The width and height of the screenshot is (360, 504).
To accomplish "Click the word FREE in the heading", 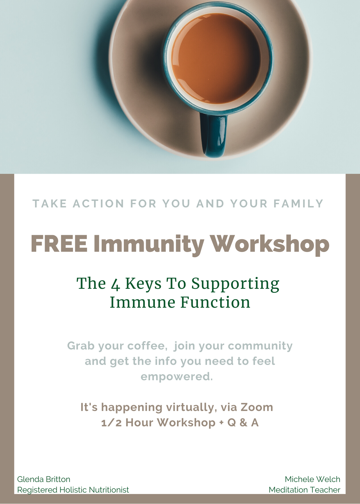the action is coord(59,244).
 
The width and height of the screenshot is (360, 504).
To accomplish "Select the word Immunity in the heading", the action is coord(149,245).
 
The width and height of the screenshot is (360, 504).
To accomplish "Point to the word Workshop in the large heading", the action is coord(270,245).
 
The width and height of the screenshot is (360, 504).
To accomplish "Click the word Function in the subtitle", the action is coord(215,302).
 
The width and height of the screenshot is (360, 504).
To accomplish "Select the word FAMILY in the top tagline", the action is coord(298,204).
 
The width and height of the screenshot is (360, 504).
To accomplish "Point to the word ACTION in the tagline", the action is coord(99,204).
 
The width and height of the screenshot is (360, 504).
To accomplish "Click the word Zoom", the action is coord(257,407).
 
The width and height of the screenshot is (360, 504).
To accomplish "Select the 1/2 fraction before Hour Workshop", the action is coord(111,423).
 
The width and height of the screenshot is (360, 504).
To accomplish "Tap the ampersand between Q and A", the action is coord(243,423).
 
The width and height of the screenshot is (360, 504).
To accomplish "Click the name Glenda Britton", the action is coord(44,479).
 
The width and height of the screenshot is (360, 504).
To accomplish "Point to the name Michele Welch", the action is coord(313,479).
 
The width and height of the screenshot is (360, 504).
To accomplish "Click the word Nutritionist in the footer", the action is coord(109,490).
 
